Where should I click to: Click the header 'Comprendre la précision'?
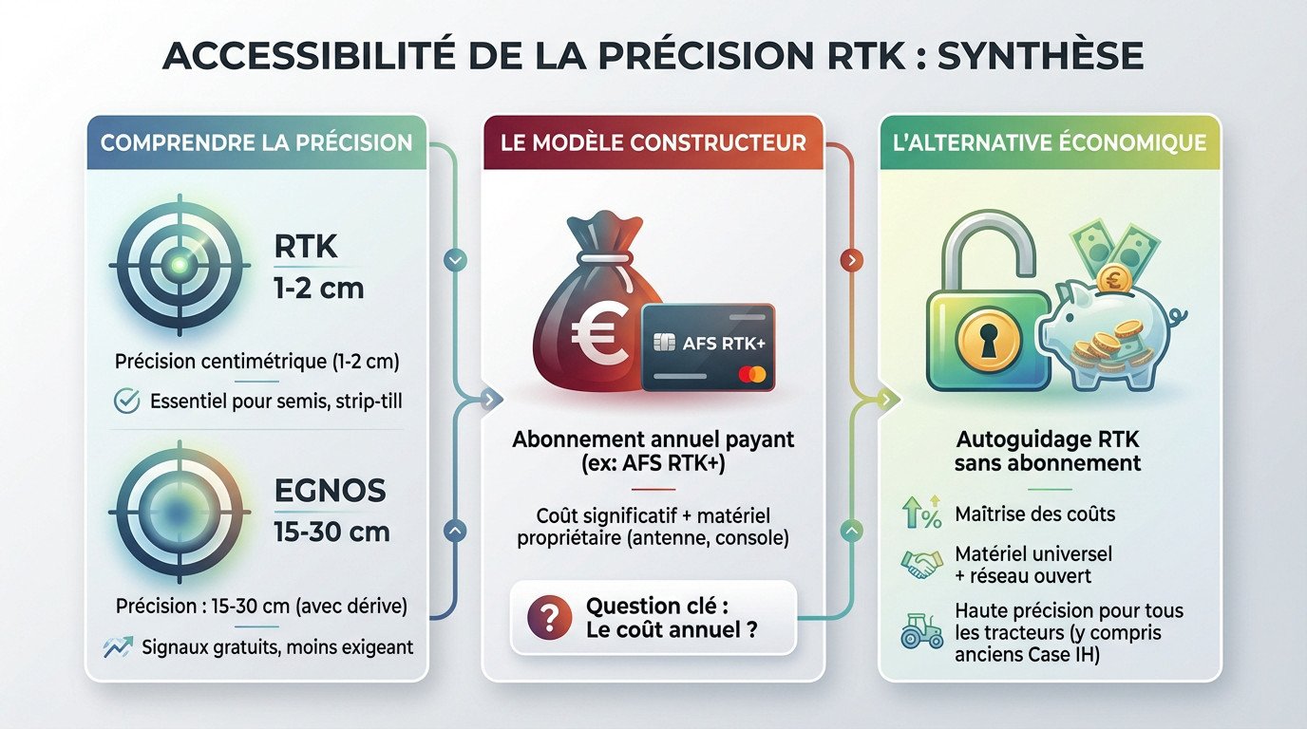[256, 143]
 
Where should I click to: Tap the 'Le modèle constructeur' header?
[653, 143]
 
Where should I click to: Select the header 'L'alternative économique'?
[1049, 143]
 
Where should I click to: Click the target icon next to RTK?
[178, 267]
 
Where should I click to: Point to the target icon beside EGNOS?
[178, 513]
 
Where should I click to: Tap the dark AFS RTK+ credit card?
[708, 346]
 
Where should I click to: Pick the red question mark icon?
[548, 618]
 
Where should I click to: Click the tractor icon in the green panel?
[920, 631]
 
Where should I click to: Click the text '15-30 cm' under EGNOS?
[332, 531]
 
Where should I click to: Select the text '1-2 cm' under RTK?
[319, 287]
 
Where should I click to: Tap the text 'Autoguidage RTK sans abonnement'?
[1048, 452]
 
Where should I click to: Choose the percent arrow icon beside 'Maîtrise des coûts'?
[920, 514]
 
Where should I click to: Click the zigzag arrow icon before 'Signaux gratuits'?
[118, 648]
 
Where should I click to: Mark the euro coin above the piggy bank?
[1112, 280]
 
